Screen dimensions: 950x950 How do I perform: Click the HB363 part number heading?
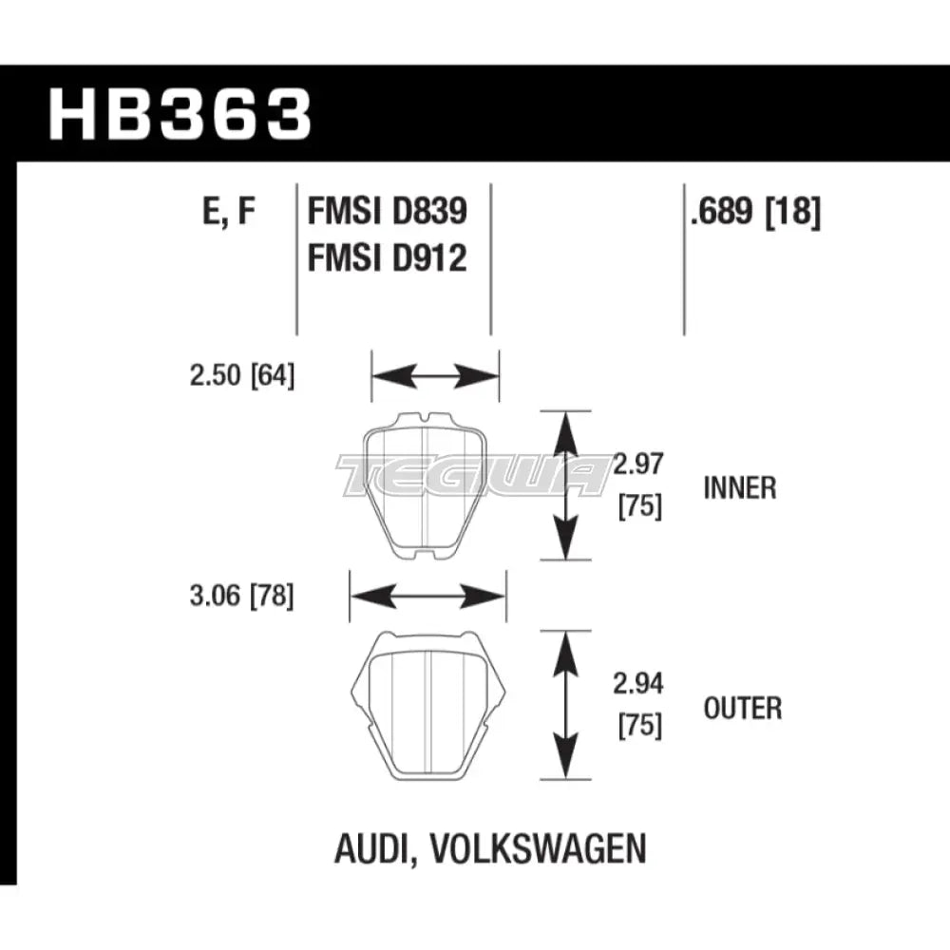coord(180,116)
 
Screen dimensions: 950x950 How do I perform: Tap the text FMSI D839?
coord(387,212)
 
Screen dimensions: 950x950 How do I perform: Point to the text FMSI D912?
coord(387,257)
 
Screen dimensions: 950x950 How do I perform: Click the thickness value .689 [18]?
coord(755,212)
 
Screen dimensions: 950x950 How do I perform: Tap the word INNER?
coord(740,488)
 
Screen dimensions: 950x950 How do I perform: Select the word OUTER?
coord(743,709)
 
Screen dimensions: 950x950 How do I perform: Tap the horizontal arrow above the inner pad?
coord(434,376)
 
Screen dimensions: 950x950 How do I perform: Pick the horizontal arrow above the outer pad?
coord(427,597)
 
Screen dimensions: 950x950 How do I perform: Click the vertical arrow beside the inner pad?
coord(567,485)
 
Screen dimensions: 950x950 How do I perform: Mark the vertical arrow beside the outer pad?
coord(567,705)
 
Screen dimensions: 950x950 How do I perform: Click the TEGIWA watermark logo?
coord(475,475)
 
